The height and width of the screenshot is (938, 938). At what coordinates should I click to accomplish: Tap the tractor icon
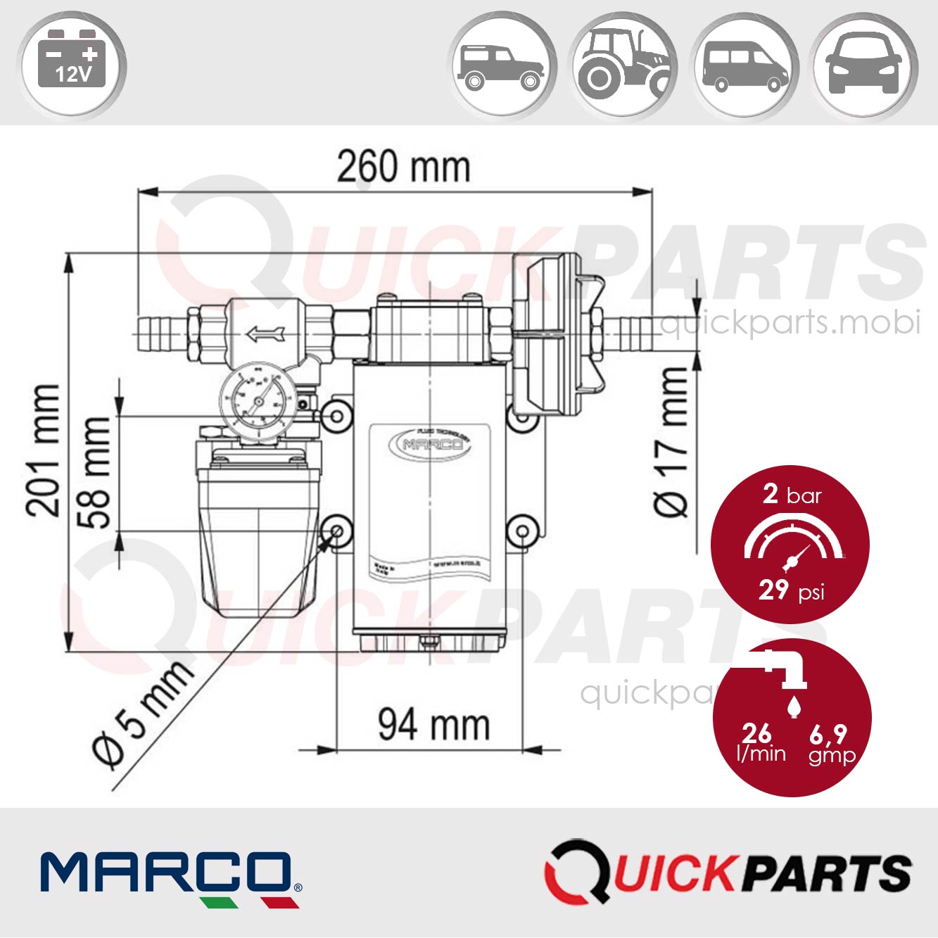623,65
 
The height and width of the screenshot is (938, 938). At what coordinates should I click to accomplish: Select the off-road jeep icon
502,65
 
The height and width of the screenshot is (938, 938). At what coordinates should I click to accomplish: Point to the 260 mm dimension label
403,167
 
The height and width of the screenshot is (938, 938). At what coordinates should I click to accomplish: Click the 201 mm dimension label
44,450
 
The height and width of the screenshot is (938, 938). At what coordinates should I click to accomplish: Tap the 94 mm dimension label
433,724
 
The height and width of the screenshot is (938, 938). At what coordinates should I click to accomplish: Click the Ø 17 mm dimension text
673,442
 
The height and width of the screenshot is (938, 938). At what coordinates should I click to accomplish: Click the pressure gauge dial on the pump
258,403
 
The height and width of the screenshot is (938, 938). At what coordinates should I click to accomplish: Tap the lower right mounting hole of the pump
522,530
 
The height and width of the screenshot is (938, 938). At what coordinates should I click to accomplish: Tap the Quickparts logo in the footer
728,873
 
